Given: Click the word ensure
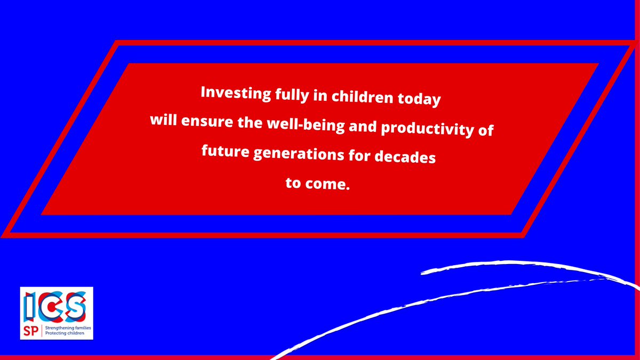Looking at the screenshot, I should pos(205,121).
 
